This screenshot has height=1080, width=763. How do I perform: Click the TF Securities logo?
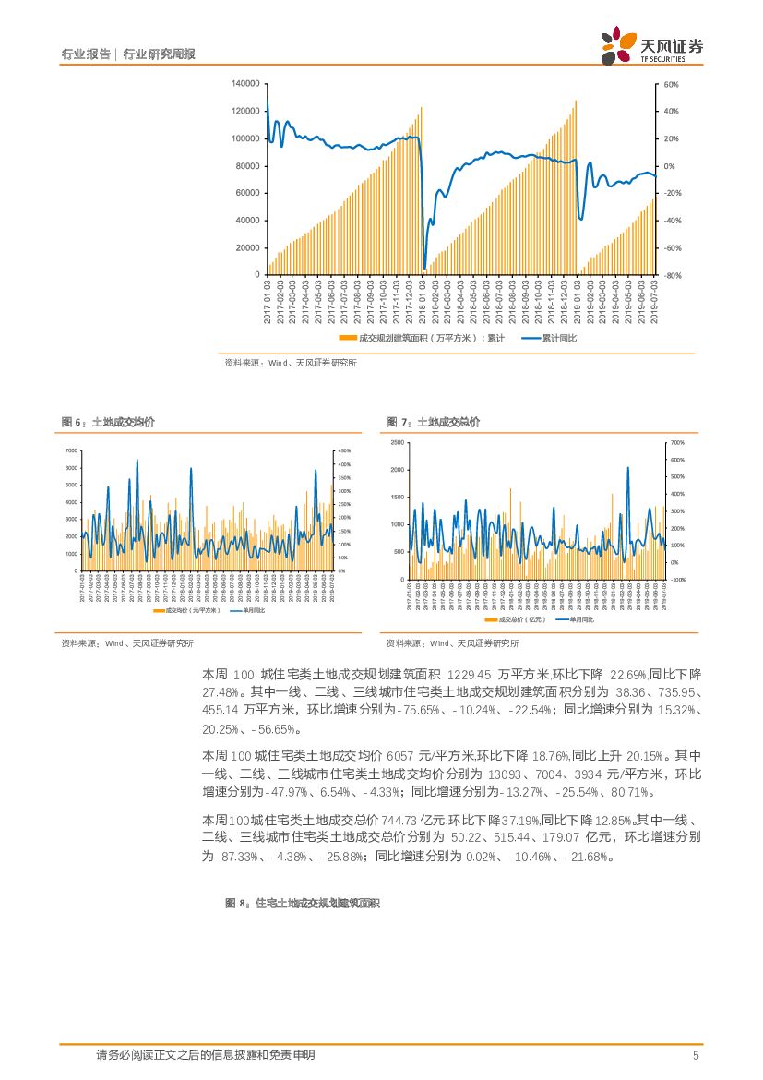(x=650, y=45)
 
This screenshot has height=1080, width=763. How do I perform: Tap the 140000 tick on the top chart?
(x=244, y=84)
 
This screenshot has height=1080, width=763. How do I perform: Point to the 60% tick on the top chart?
(x=671, y=84)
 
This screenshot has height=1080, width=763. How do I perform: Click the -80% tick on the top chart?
(x=672, y=275)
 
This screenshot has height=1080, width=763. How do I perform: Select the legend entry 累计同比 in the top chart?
(x=550, y=339)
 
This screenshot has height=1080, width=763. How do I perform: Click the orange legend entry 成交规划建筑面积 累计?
(x=421, y=339)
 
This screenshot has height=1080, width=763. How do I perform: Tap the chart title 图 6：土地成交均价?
(x=108, y=422)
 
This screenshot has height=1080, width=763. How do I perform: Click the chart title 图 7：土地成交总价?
(x=434, y=422)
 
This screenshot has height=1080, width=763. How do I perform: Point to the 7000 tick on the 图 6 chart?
(x=71, y=450)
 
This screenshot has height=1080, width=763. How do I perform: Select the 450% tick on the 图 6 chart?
(x=343, y=450)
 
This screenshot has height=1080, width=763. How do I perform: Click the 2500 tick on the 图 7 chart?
(x=397, y=443)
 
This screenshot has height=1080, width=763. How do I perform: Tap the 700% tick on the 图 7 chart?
(x=676, y=443)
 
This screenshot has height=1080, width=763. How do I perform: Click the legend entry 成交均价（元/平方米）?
(x=187, y=610)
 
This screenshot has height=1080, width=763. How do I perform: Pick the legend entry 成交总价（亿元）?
(x=517, y=619)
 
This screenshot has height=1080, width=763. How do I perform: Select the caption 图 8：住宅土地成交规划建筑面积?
(x=303, y=905)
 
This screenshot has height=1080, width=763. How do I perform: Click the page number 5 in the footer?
(x=696, y=1055)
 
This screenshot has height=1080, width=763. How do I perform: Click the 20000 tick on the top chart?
(x=246, y=247)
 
